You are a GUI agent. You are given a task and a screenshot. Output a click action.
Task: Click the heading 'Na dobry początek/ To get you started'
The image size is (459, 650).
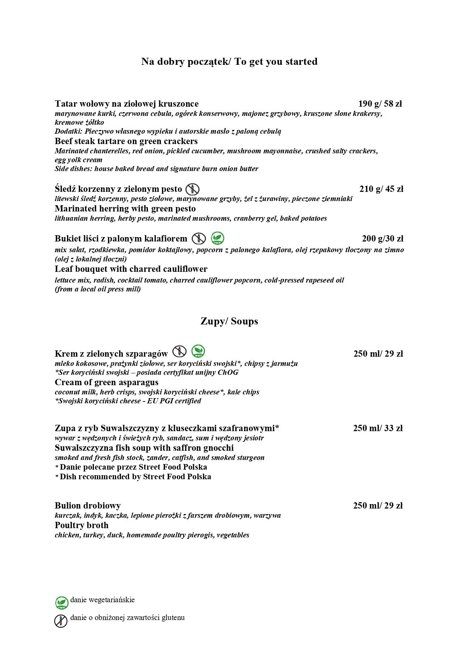click(x=229, y=61)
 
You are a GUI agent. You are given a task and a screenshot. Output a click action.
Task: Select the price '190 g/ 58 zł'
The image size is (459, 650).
click(x=380, y=104)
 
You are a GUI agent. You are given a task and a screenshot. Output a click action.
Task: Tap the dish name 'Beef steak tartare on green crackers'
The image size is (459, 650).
click(x=126, y=141)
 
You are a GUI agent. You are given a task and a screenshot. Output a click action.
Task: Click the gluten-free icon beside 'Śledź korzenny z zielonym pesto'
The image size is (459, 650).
click(x=192, y=189)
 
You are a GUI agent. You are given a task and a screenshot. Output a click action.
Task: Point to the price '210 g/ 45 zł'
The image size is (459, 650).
click(x=381, y=189)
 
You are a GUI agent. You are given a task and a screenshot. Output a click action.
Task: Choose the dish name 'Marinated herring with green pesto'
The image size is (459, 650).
click(x=125, y=209)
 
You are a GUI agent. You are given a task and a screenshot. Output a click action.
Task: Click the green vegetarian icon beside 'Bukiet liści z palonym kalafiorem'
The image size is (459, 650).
click(x=217, y=238)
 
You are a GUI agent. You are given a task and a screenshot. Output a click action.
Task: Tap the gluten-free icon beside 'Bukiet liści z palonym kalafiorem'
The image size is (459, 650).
click(x=199, y=239)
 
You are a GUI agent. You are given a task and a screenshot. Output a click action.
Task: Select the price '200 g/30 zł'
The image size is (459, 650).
click(x=382, y=239)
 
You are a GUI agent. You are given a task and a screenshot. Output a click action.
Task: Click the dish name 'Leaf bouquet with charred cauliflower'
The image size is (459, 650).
click(x=131, y=269)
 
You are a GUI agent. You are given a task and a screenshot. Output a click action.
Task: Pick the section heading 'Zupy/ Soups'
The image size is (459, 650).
click(x=229, y=321)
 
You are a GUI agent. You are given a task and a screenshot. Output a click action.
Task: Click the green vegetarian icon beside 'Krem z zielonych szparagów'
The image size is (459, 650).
click(x=198, y=351)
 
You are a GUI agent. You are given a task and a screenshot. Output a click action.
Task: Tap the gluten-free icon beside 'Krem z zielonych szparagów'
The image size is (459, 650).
click(x=179, y=351)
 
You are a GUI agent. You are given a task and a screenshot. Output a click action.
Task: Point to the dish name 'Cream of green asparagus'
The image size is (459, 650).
click(x=107, y=382)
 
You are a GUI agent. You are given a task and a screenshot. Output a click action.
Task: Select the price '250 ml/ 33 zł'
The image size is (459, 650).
click(x=378, y=428)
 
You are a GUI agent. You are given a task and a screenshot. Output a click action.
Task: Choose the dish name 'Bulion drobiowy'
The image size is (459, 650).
click(x=88, y=506)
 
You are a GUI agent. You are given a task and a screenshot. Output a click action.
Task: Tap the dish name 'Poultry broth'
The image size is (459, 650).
click(x=82, y=525)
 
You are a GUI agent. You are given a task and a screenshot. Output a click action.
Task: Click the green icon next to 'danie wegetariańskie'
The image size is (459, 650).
click(x=62, y=603)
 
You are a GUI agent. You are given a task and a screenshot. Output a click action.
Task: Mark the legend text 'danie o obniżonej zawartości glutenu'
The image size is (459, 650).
click(x=127, y=617)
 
